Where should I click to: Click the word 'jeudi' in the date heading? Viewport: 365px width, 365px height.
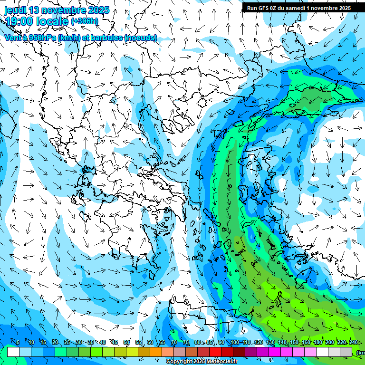coord(15,10)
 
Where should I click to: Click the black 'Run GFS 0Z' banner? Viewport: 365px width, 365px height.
coord(298,8)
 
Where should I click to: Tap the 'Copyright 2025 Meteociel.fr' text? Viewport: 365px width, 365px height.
coord(202,362)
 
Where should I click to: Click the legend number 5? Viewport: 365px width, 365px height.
coord(18,342)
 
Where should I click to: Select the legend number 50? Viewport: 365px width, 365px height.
coord(126,342)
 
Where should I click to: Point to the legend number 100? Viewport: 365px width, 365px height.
coord(234,342)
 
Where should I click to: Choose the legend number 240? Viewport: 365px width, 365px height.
coord(354,342)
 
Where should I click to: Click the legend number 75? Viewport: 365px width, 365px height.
coord(186,342)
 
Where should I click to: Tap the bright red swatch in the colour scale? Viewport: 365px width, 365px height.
coord(215,352)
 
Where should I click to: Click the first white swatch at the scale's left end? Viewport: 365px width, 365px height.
coord(13,352)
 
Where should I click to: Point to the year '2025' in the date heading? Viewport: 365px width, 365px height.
coord(98,10)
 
